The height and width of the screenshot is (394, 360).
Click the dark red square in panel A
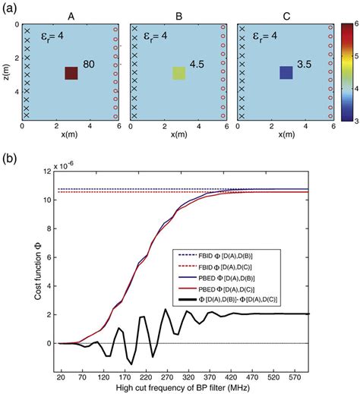click(71, 73)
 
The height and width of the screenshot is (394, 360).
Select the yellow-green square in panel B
click(178, 73)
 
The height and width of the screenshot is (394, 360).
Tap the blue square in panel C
click(286, 73)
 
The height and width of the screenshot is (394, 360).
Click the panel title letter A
click(71, 11)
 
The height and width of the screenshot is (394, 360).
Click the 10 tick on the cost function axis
click(47, 199)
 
